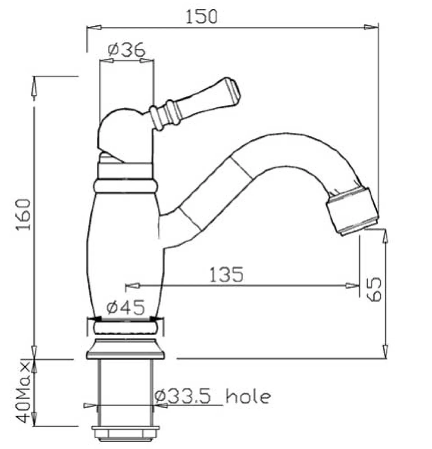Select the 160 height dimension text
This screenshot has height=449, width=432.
23,215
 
